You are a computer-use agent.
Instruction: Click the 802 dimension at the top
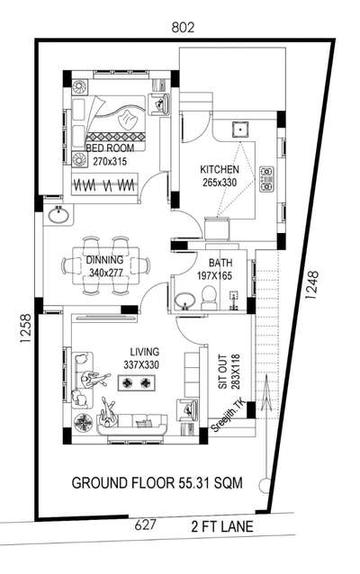[183, 28]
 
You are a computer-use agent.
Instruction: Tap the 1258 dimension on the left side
[26, 328]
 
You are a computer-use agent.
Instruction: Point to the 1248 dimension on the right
[311, 285]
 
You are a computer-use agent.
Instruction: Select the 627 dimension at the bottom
[146, 525]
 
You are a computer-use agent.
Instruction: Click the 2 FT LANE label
[222, 527]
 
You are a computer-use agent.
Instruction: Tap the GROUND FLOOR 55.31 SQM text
[157, 483]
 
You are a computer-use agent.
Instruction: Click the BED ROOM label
[110, 148]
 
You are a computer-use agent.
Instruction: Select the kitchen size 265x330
[220, 183]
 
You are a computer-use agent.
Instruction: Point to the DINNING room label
[104, 260]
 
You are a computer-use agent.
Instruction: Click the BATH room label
[220, 263]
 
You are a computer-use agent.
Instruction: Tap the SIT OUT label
[222, 372]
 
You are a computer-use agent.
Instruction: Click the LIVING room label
[145, 352]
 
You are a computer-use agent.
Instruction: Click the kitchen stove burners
[266, 179]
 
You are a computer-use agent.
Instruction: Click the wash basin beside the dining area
[58, 214]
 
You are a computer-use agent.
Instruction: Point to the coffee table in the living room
[136, 383]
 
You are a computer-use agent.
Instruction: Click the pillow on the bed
[128, 118]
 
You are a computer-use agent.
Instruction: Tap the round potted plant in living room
[84, 423]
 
